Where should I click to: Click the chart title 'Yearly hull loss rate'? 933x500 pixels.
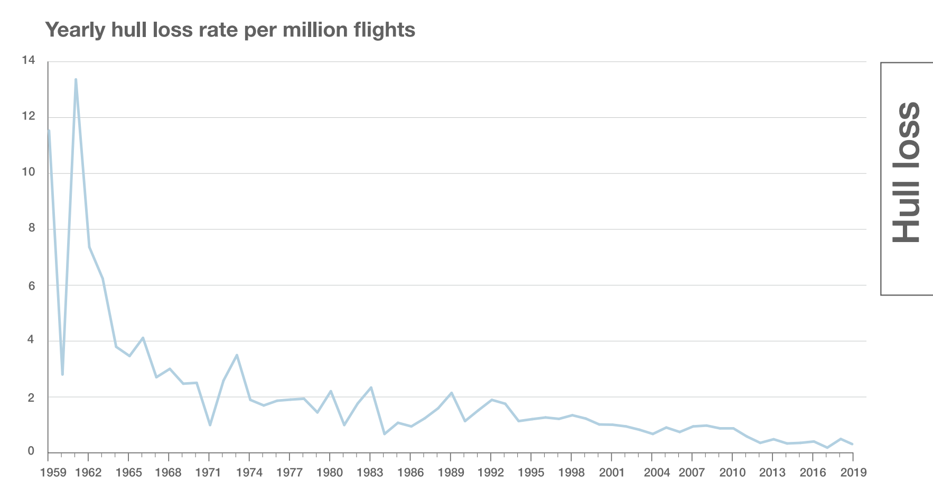(x=230, y=30)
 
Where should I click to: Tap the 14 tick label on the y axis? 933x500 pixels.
(x=29, y=60)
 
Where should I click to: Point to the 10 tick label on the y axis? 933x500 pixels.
(x=29, y=172)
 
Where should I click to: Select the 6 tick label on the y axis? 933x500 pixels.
(x=31, y=286)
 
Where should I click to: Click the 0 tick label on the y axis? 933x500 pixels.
(x=31, y=451)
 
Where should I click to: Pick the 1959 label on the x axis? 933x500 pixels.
(x=53, y=473)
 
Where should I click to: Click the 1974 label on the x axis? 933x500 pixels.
(x=249, y=473)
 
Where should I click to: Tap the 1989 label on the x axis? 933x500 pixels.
(x=451, y=473)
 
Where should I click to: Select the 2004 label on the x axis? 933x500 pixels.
(x=657, y=473)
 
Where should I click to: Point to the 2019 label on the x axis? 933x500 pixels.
(x=853, y=473)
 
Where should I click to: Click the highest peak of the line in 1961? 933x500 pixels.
(x=76, y=79)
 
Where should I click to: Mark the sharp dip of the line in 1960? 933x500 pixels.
(x=62, y=374)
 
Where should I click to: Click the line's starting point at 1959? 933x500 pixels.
(x=49, y=131)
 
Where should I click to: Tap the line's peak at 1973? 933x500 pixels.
(x=237, y=355)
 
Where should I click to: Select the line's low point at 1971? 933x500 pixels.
(x=210, y=425)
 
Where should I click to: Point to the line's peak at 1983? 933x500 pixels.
(x=371, y=387)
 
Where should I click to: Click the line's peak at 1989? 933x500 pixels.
(x=451, y=393)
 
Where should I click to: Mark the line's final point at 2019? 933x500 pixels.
(x=852, y=444)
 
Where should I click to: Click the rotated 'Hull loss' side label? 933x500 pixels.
(x=906, y=173)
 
